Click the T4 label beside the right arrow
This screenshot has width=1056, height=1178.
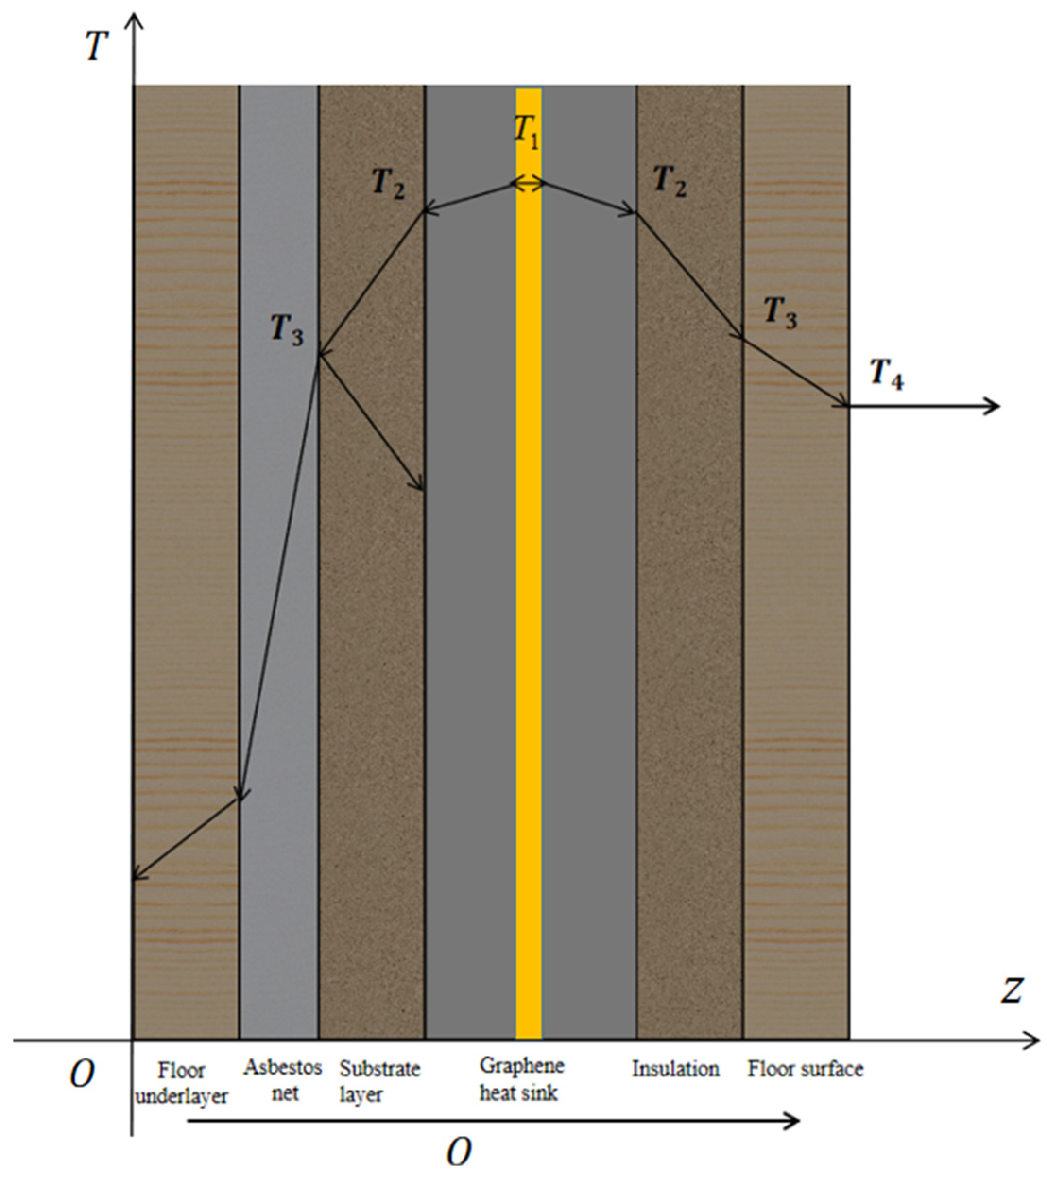[886, 374]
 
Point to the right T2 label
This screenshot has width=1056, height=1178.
[670, 181]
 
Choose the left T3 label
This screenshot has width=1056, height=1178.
[287, 331]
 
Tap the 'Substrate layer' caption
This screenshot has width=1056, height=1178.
[379, 1082]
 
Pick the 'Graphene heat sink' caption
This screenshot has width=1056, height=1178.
[521, 1079]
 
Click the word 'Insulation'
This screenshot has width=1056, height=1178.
[675, 1069]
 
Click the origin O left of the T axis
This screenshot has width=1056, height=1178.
[82, 1075]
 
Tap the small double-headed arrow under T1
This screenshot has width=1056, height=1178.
[528, 184]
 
